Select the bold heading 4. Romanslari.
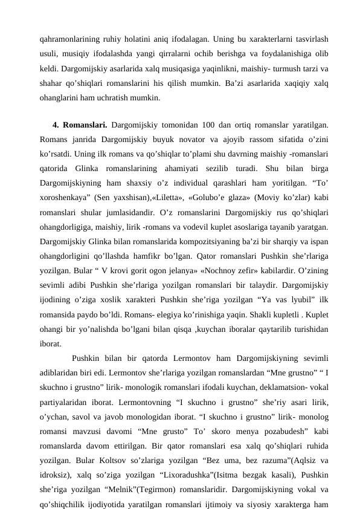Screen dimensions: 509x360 coord(80,125)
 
